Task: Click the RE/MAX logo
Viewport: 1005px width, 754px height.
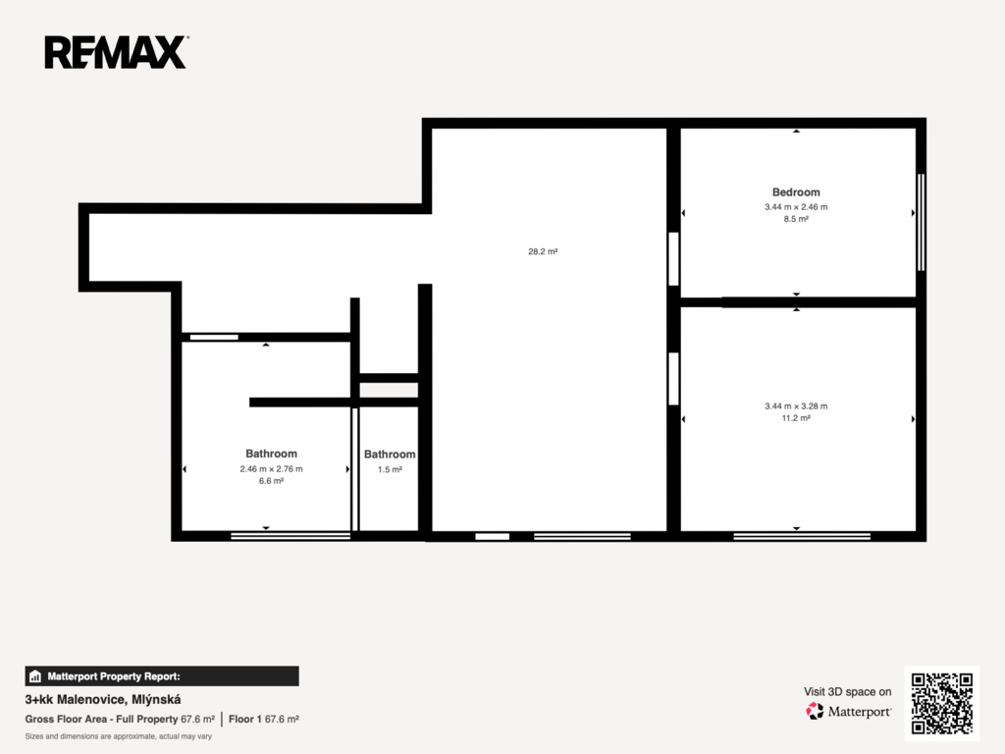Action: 116,52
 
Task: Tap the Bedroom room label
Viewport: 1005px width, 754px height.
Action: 796,192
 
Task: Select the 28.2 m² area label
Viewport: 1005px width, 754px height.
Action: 543,251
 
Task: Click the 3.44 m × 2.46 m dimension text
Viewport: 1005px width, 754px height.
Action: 796,207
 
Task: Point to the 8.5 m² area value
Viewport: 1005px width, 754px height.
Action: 796,219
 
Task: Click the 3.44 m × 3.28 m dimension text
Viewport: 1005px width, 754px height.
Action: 796,405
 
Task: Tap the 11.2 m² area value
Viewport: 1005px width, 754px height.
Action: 796,418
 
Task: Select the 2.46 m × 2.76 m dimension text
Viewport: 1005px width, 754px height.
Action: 271,468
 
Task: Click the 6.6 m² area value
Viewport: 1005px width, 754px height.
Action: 271,481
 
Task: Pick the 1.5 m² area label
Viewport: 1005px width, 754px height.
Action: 390,469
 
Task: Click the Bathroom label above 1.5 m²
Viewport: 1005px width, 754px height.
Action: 390,455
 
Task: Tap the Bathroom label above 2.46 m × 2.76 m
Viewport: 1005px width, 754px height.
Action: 271,454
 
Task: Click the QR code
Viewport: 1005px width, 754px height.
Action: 942,703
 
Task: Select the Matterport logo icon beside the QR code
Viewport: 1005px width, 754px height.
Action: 815,711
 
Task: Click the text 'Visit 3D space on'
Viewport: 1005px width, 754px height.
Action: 847,692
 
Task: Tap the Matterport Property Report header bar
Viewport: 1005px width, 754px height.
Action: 162,676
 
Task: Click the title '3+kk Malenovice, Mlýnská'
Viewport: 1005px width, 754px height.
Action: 102,699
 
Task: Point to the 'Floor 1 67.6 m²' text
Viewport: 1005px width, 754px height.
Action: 263,720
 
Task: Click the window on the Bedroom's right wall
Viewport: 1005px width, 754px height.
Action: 921,222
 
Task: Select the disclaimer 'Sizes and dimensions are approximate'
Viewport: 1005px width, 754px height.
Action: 119,736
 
